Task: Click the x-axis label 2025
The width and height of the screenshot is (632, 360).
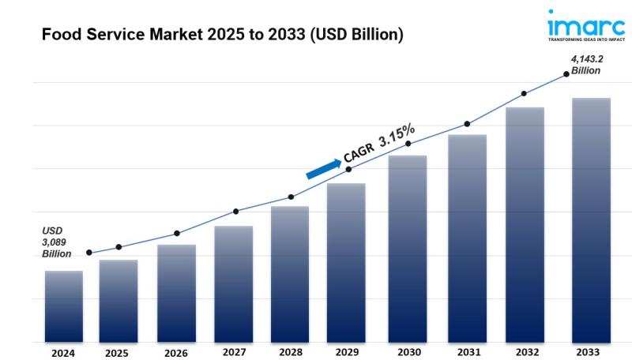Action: tap(117, 353)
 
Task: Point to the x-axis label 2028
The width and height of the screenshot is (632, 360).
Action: tap(290, 353)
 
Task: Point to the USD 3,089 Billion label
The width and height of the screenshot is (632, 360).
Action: tap(57, 242)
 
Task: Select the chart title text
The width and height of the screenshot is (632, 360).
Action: tap(222, 35)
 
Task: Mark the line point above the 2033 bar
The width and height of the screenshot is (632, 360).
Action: tap(566, 74)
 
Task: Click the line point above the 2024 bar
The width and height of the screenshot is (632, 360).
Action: tap(88, 253)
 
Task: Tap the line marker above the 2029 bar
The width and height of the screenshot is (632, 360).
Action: tap(348, 169)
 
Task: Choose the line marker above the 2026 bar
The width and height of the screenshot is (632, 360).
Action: tap(177, 234)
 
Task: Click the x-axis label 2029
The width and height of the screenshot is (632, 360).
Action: tap(348, 353)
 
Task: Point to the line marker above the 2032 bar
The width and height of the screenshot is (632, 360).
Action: tap(525, 94)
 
